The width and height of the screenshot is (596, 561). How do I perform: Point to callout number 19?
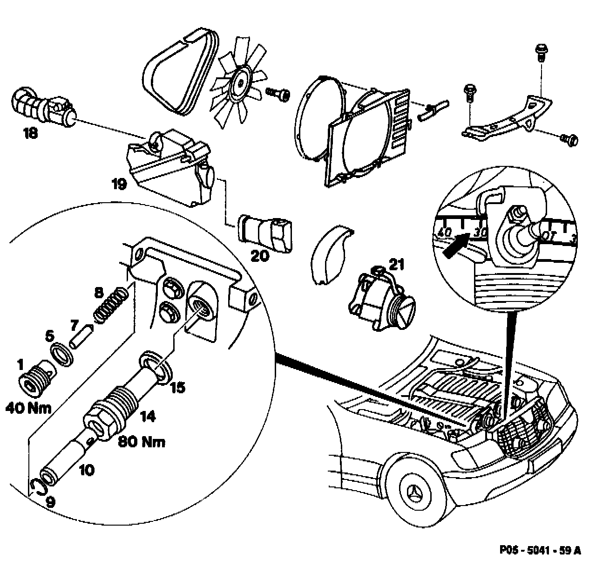(119, 184)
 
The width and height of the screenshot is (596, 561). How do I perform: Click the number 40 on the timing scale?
(445, 231)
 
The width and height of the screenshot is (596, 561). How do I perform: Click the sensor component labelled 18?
(44, 106)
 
